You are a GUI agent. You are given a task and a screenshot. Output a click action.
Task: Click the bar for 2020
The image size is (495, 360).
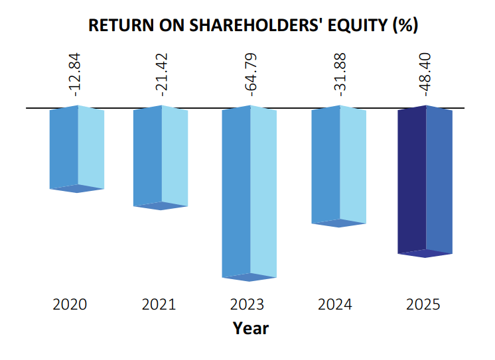point(77,149)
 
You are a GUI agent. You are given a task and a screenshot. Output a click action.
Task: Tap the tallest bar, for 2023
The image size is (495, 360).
point(249,192)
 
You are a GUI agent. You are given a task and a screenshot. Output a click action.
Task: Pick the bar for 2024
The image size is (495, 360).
point(338,166)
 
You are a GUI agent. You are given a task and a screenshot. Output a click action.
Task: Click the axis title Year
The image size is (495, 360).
point(251,328)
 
